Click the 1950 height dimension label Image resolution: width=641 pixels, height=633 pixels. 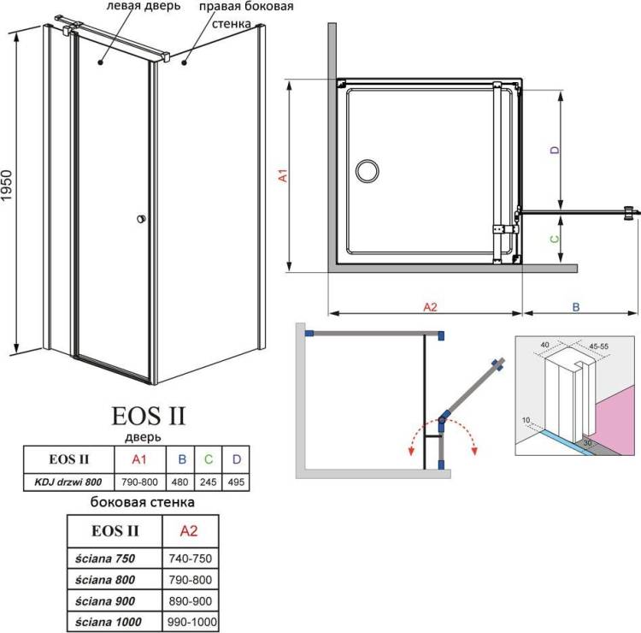pos(7,186)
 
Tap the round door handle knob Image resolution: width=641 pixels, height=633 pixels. pos(141,219)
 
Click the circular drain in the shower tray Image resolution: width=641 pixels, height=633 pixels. pos(368,171)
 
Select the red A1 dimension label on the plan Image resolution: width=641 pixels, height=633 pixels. pos(283,175)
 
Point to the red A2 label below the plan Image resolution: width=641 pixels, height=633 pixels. pos(430,307)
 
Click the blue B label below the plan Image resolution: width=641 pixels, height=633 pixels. pos(576,307)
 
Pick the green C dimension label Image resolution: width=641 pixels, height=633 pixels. pos(555,239)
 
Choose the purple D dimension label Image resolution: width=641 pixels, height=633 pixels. pos(555,151)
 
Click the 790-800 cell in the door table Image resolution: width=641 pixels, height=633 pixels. pos(139,482)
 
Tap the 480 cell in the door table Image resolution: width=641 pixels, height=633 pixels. pos(179,482)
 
